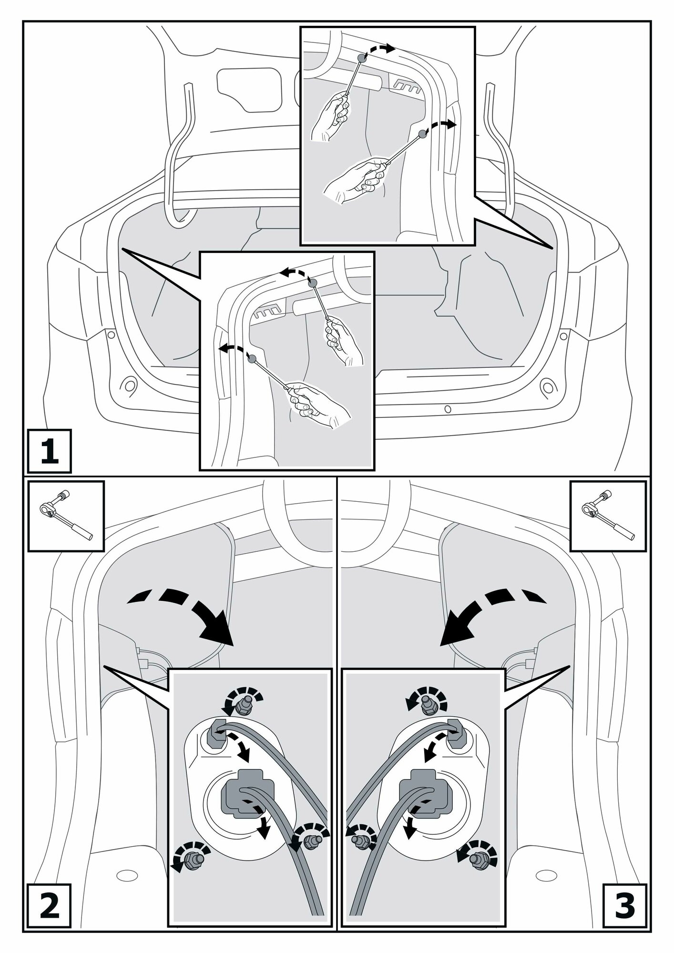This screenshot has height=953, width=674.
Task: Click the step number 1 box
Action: pyautogui.click(x=50, y=451)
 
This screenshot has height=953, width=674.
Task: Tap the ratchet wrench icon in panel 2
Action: pyautogui.click(x=66, y=516)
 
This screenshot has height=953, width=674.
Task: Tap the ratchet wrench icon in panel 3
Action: pyautogui.click(x=608, y=516)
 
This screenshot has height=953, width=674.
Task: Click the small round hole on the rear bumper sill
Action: pyautogui.click(x=447, y=408)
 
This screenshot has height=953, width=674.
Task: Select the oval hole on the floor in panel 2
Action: pyautogui.click(x=126, y=876)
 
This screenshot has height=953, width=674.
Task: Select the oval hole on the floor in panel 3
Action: pyautogui.click(x=547, y=876)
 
